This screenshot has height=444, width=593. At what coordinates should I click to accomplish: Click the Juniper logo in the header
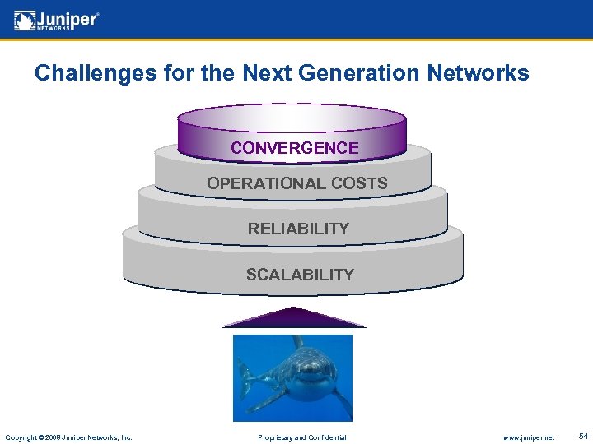point(57,20)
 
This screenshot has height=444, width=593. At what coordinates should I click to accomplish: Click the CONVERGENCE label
point(295,148)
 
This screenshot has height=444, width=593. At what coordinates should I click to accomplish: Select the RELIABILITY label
point(298,229)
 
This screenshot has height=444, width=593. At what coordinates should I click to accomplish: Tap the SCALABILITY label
point(300,275)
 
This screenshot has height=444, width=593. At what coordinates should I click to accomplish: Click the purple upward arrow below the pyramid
point(294,317)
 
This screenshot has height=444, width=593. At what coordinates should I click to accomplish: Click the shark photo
point(292,377)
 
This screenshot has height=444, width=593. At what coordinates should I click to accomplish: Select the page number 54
point(583,436)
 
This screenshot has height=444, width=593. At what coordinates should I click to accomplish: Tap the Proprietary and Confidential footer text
point(302,437)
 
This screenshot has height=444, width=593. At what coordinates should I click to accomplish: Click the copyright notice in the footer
point(68,437)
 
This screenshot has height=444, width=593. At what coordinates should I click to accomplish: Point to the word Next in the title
point(271,73)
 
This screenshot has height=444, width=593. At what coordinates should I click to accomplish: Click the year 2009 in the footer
point(54,437)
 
